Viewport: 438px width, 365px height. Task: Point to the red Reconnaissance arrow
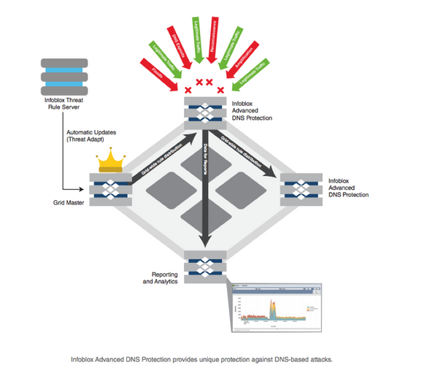pyautogui.click(x=218, y=33)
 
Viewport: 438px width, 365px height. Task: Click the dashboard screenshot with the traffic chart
pyautogui.click(x=275, y=307)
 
